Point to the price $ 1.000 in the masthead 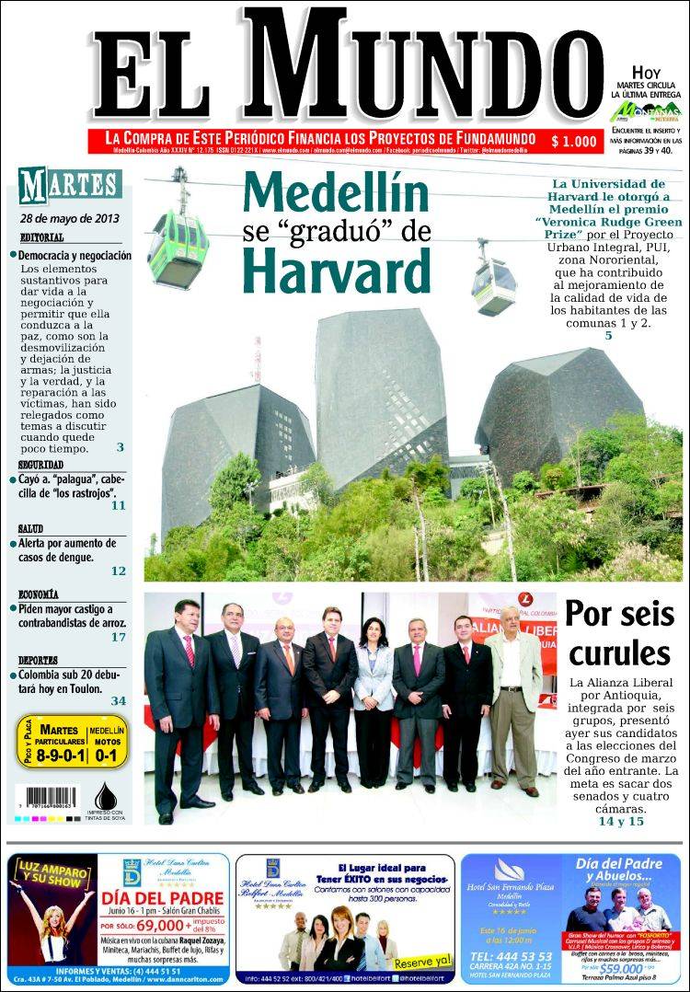573,141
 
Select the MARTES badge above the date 71,184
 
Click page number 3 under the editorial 120,447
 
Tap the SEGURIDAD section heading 40,466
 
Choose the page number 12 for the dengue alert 119,571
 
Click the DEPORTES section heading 39,660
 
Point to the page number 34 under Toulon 119,700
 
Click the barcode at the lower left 52,798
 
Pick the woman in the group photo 373,695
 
